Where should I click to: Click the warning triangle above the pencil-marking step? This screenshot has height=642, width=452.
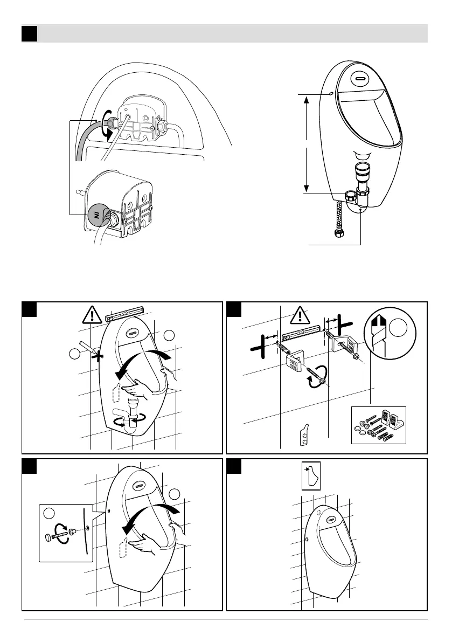click(93, 314)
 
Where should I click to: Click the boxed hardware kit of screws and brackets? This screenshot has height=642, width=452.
click(378, 425)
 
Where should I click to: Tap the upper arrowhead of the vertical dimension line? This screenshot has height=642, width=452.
click(307, 98)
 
